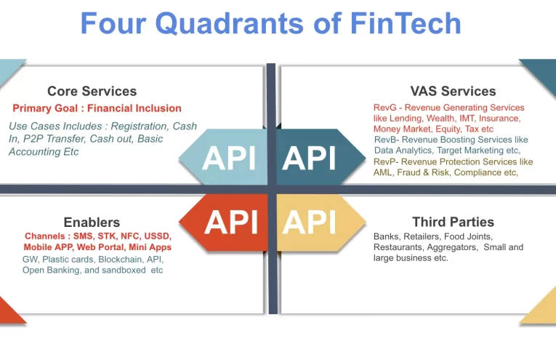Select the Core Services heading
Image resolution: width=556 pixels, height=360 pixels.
point(92,91)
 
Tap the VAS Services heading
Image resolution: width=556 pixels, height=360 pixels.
point(453,91)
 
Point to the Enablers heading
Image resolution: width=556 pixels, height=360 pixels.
point(92,223)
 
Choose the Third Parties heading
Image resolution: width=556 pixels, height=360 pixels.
point(453,222)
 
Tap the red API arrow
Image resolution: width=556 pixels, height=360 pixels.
point(229,221)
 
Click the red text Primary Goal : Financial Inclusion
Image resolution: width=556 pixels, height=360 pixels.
point(97,108)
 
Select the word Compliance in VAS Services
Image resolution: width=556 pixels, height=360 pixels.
point(475,172)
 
